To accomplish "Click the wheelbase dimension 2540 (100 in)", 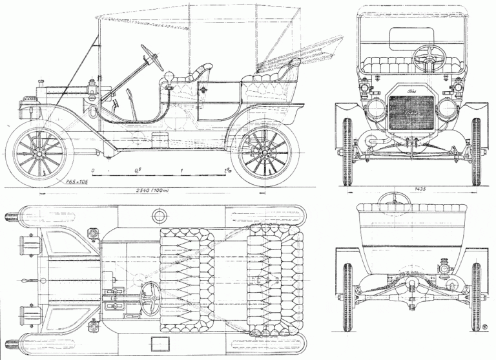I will click(149, 190).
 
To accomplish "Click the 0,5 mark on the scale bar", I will click(138, 170).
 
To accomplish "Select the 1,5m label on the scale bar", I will click(227, 170).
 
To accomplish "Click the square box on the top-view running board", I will click(159, 341).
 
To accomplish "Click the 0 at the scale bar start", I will click(94, 170).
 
